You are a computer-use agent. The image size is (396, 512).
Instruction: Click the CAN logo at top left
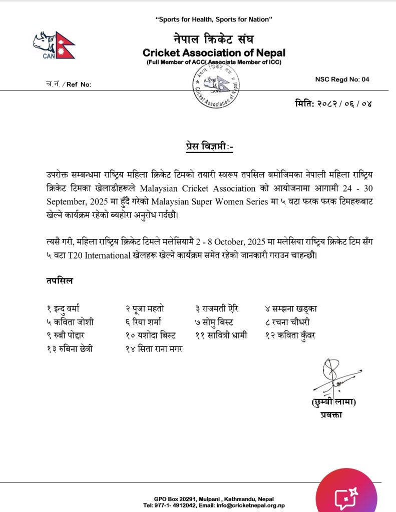54,45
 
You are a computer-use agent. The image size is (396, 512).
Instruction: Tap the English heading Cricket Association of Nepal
214,52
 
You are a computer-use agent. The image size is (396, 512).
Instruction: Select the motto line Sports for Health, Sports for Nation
214,19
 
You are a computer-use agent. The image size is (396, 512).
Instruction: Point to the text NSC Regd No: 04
342,79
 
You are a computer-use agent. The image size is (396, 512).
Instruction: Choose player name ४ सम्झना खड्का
291,308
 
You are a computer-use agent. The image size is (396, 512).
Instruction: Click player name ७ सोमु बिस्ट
214,321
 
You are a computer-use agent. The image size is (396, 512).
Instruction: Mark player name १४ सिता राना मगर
154,348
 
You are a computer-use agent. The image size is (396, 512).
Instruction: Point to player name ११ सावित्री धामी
221,335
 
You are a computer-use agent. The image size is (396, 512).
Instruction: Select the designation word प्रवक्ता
331,414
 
